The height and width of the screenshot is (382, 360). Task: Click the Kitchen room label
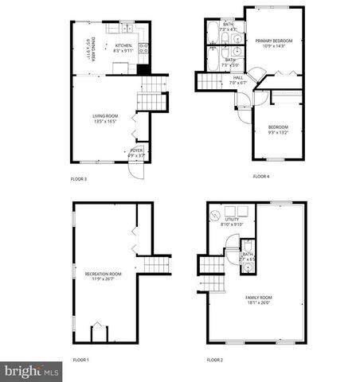(x=123, y=45)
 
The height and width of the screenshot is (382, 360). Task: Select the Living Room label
(x=105, y=116)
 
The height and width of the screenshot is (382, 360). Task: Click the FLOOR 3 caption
(x=79, y=180)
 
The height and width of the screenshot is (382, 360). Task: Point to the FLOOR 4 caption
(x=261, y=176)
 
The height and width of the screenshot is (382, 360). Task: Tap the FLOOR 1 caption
(x=81, y=360)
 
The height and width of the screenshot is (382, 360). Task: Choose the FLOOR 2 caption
(x=215, y=360)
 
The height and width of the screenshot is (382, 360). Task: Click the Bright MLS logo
(x=32, y=372)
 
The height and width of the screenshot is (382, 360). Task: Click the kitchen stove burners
(x=144, y=49)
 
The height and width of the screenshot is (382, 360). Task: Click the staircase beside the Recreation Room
(x=156, y=264)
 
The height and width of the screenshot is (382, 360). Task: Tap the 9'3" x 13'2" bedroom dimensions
(x=277, y=132)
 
